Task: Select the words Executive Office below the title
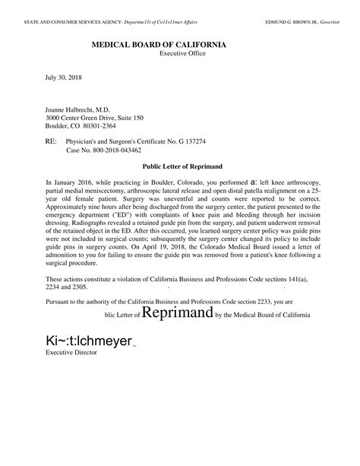pos(183,55)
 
